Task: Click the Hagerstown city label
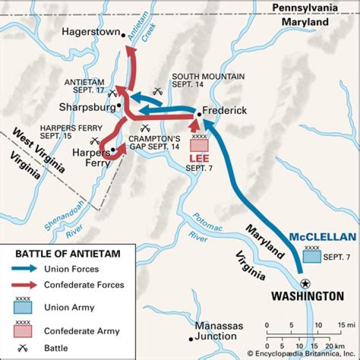click(x=91, y=32)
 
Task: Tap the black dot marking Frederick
click(x=199, y=114)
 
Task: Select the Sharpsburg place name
click(x=86, y=107)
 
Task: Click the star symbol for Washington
click(x=305, y=283)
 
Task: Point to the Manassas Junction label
click(x=219, y=331)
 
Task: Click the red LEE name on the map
click(x=199, y=158)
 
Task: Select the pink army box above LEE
click(x=199, y=144)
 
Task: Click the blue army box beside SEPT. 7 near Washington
click(x=311, y=256)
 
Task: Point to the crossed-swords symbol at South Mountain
click(x=157, y=91)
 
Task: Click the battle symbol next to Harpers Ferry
click(x=95, y=141)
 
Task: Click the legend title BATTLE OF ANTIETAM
click(x=68, y=253)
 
